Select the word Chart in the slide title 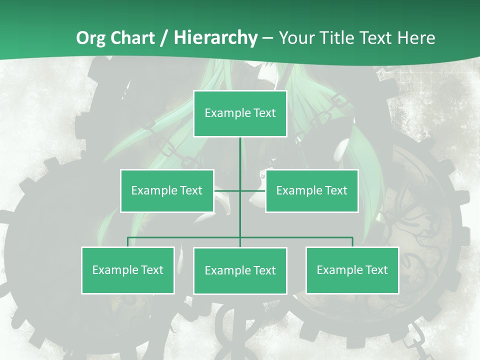pyautogui.click(x=134, y=38)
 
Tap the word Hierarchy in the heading pyautogui.click(x=215, y=38)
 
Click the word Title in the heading pyautogui.click(x=341, y=38)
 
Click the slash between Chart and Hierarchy pyautogui.click(x=164, y=38)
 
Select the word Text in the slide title pyautogui.click(x=379, y=38)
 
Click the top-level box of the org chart pyautogui.click(x=240, y=113)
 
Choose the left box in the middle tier pyautogui.click(x=167, y=190)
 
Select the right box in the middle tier pyautogui.click(x=311, y=190)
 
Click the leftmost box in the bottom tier pyautogui.click(x=127, y=270)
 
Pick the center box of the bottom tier pyautogui.click(x=240, y=270)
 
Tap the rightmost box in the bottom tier pyautogui.click(x=352, y=270)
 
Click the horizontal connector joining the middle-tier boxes pyautogui.click(x=227, y=190)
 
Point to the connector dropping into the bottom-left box pyautogui.click(x=128, y=242)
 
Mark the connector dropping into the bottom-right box pyautogui.click(x=352, y=242)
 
